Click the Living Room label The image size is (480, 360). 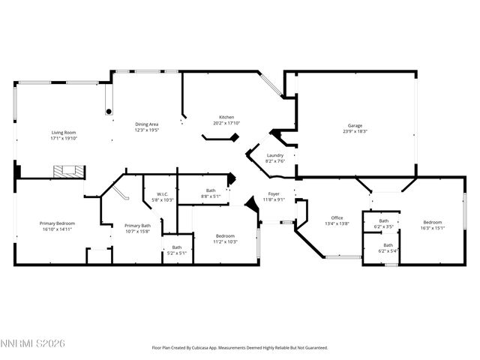click(64, 133)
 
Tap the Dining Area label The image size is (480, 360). click(146, 124)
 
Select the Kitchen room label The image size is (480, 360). click(226, 118)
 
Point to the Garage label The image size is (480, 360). click(355, 125)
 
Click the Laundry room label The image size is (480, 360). click(275, 155)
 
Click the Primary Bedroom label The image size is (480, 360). click(57, 223)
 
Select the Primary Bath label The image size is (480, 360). click(137, 226)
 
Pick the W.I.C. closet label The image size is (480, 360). click(162, 196)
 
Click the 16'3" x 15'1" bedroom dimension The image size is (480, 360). click(432, 229)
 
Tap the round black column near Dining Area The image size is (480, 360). click(109, 111)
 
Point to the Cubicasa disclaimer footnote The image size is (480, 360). click(240, 348)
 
